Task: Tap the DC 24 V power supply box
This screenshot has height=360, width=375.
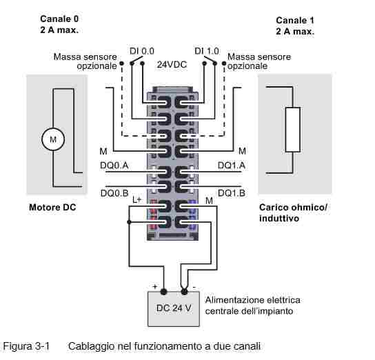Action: (174, 309)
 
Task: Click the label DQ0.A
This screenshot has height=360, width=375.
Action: (114, 166)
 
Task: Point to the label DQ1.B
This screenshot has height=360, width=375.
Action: (232, 193)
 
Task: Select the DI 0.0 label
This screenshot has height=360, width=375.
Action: (142, 51)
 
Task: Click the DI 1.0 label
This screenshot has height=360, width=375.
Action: (207, 51)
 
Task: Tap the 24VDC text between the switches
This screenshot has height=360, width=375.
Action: (172, 65)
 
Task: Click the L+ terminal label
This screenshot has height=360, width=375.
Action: (137, 200)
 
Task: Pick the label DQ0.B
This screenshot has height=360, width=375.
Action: (114, 193)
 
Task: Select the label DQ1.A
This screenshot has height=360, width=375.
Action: (232, 166)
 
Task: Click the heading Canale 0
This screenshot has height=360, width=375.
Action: (59, 19)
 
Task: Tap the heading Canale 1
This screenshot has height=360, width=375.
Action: (295, 20)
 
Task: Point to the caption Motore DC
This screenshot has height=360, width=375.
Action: (52, 207)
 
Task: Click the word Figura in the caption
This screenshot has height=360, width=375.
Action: (18, 346)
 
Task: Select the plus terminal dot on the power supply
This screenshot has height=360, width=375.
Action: (163, 291)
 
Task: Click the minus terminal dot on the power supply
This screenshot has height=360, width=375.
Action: (184, 291)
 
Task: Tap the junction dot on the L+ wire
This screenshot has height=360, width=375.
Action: (129, 222)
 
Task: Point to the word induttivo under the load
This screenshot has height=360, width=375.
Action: (279, 219)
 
